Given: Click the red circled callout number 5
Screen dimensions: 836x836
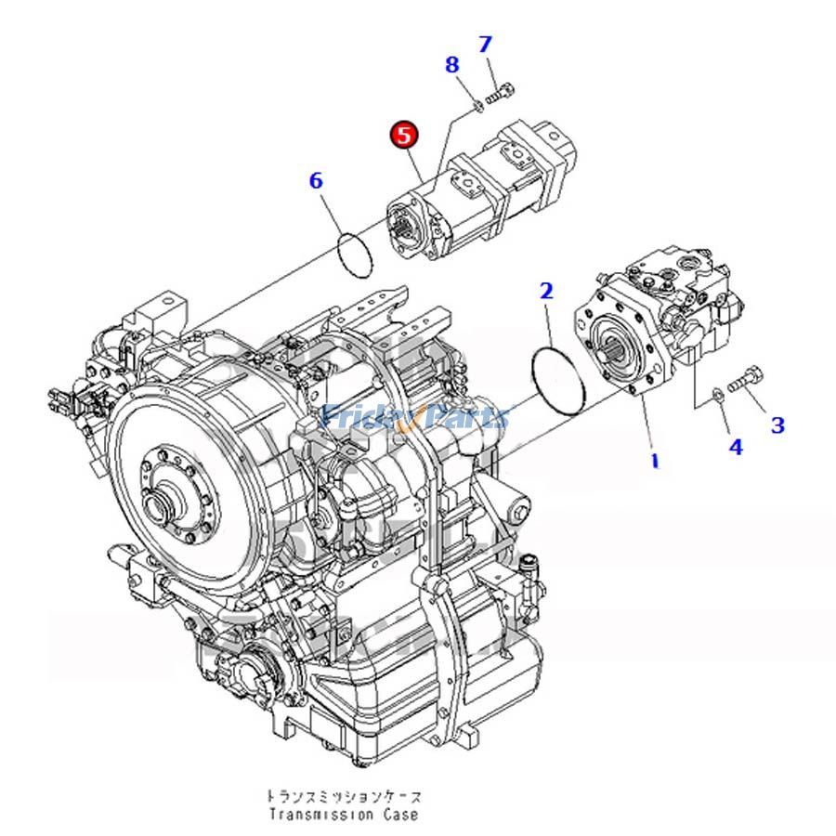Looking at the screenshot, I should pos(404,135).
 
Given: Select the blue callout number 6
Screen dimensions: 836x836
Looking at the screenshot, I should pos(316,180).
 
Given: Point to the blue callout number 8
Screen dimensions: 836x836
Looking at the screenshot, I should pos(451,65).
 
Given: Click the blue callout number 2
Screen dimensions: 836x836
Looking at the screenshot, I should pos(546,291).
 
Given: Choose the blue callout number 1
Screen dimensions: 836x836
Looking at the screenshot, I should pos(654,459).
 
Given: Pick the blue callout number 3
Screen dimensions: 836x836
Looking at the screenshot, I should pos(777,425).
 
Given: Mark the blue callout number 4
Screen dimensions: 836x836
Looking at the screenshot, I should pos(736,447).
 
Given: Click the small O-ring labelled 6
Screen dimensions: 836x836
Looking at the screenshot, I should pos(354,253).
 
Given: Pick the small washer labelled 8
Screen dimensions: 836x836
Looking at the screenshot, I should pos(476,106).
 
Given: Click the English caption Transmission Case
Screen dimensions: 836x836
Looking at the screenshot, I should pos(344,815).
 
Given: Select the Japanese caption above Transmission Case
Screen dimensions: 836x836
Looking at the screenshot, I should pos(344,797).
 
